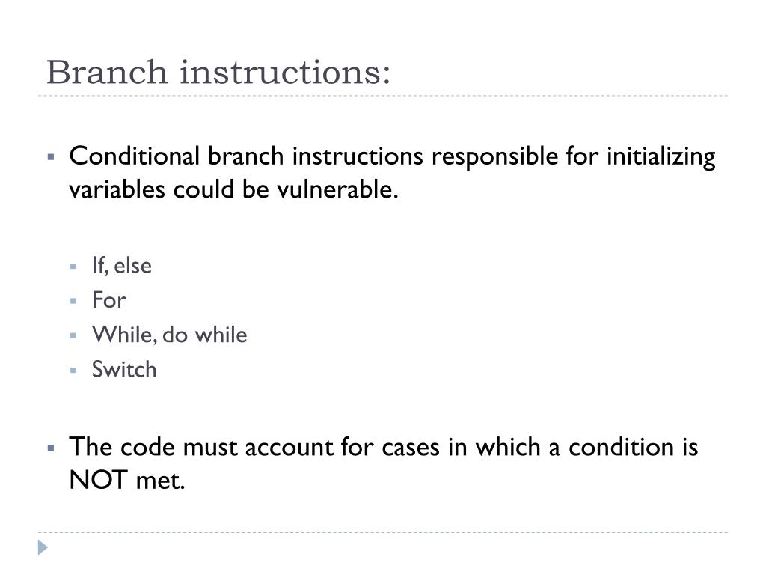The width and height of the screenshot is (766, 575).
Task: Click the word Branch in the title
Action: [x=107, y=72]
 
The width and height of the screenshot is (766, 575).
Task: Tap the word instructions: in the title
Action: [x=285, y=72]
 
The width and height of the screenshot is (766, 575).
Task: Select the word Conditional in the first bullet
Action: [x=135, y=156]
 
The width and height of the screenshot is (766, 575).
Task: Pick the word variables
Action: [x=117, y=189]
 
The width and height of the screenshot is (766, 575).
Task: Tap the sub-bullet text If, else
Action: [x=122, y=266]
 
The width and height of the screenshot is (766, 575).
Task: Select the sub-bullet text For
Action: [x=109, y=300]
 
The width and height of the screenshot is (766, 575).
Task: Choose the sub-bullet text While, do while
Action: [x=170, y=335]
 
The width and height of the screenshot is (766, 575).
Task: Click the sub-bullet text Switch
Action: [x=124, y=370]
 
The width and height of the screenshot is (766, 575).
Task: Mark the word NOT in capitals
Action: [x=98, y=480]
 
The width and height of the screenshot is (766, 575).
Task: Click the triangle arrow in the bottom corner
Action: [x=43, y=547]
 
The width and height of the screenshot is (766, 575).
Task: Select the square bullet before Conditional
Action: [x=51, y=157]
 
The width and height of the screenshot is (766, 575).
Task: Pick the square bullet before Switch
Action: [x=73, y=370]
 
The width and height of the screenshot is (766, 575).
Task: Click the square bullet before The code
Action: [x=51, y=448]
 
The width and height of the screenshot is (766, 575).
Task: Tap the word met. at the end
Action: [x=160, y=481]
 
